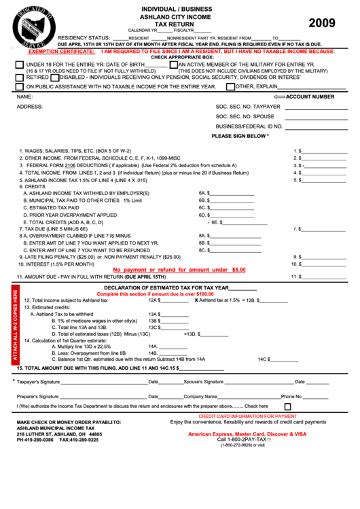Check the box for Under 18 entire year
click(19, 65)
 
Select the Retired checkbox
click(19, 77)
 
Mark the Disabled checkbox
click(54, 77)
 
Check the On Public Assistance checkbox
click(19, 86)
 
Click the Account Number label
click(310, 96)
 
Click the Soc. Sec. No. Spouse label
click(247, 116)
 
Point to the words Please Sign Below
click(240, 136)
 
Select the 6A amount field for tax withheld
click(232, 193)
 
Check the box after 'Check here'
click(287, 406)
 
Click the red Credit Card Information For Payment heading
click(247, 416)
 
